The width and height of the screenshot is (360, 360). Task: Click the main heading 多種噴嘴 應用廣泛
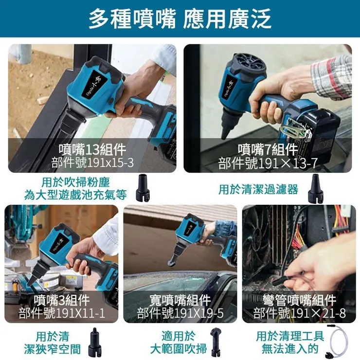point(180,19)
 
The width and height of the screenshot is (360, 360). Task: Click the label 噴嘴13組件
point(92,149)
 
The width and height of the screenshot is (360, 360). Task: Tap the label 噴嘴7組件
point(268,149)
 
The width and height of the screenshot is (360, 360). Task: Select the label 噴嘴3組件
point(62,300)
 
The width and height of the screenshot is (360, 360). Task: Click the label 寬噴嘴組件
point(180,300)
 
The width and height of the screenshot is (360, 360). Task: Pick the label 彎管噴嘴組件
point(300,300)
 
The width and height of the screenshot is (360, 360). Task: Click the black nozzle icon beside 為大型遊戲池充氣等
point(143,188)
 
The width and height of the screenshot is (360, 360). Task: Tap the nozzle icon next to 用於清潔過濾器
point(315,188)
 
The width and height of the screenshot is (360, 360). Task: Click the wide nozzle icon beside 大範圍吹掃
point(216,342)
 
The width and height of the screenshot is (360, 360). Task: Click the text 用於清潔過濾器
point(258,189)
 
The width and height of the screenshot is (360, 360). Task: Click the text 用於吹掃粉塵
point(75,182)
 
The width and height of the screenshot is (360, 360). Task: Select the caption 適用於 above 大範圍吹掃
point(178,336)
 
